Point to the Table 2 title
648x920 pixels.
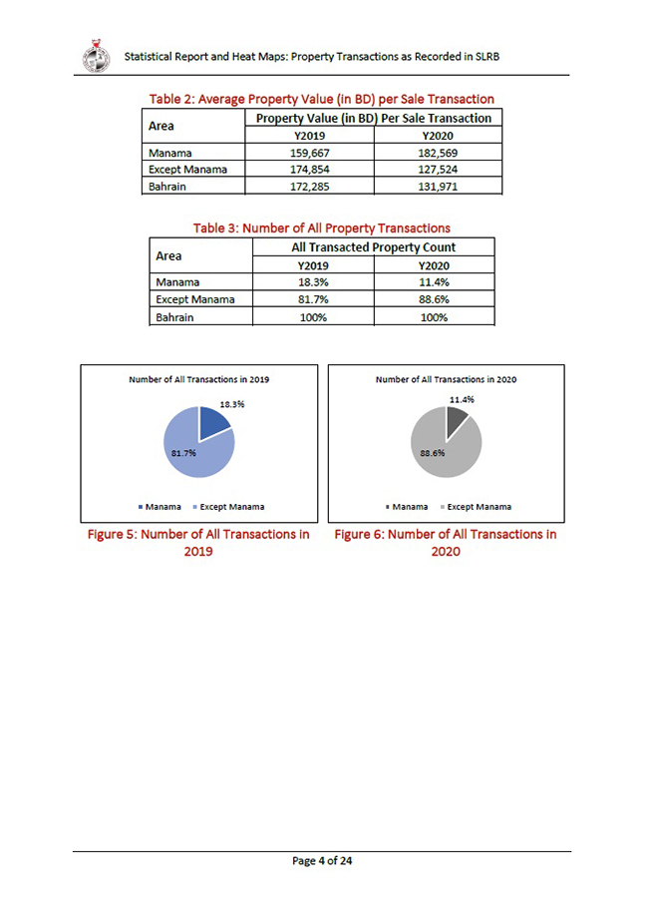pyautogui.click(x=321, y=99)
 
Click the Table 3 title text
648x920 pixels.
pyautogui.click(x=321, y=228)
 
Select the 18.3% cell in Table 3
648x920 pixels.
pyautogui.click(x=313, y=282)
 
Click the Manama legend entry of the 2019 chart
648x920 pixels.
pyautogui.click(x=160, y=507)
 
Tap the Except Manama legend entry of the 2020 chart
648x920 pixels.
pyautogui.click(x=474, y=507)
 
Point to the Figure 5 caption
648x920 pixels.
pyautogui.click(x=198, y=543)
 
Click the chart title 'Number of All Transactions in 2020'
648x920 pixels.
pyautogui.click(x=446, y=379)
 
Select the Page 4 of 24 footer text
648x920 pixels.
pyautogui.click(x=322, y=861)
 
